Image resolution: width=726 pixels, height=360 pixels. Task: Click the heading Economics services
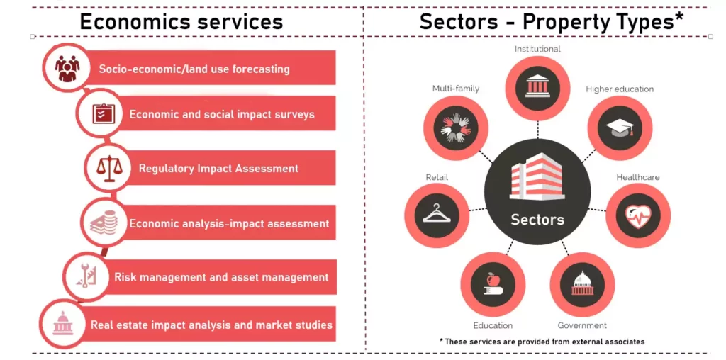(x=181, y=22)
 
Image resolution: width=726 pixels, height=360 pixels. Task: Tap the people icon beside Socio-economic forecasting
(x=67, y=69)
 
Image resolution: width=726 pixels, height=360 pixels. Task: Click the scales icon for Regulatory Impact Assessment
(x=108, y=169)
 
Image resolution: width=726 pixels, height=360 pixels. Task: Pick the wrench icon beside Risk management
(x=85, y=276)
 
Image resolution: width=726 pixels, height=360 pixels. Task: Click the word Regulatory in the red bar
(x=166, y=169)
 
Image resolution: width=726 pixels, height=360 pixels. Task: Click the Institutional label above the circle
(x=537, y=49)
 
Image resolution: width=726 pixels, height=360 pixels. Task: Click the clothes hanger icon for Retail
(x=437, y=214)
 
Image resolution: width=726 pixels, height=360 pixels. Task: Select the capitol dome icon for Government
(x=582, y=283)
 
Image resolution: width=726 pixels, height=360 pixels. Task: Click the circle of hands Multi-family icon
(x=456, y=128)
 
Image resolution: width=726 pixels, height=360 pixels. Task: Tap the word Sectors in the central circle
(x=537, y=219)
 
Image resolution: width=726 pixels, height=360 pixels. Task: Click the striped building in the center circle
(x=537, y=176)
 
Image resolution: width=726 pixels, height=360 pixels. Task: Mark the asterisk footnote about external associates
(x=542, y=342)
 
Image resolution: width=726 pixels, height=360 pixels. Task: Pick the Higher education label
(x=620, y=89)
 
